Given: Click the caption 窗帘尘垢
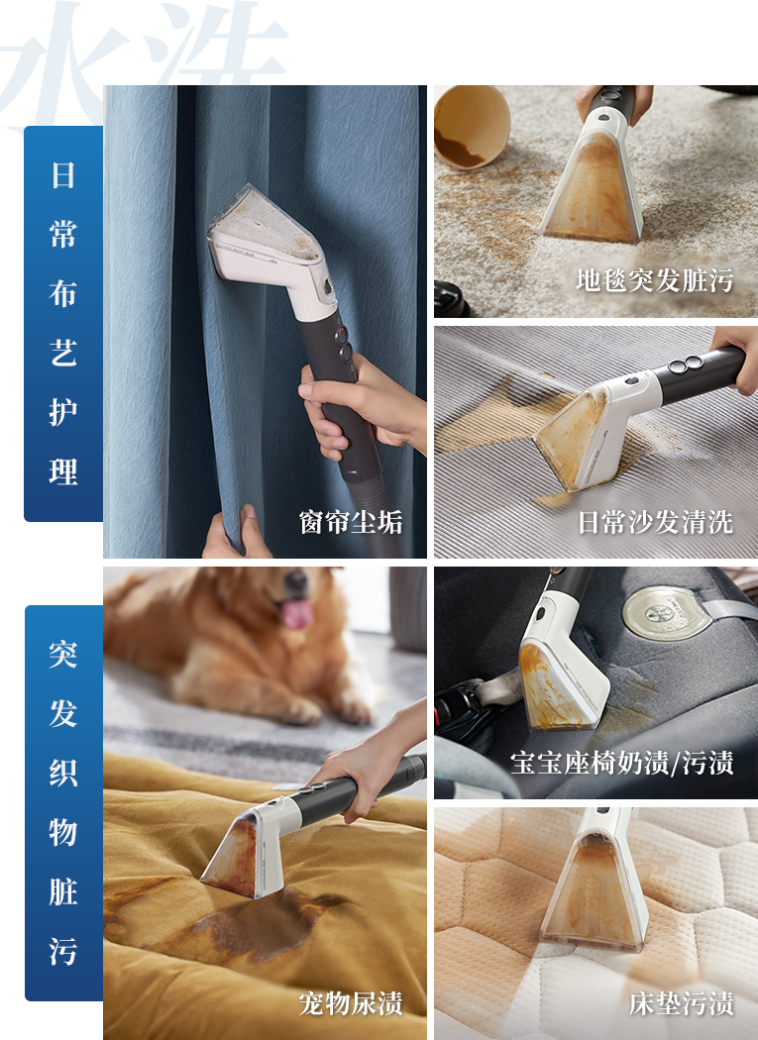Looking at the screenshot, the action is pyautogui.click(x=351, y=522).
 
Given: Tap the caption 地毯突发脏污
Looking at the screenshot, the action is pyautogui.click(x=654, y=280).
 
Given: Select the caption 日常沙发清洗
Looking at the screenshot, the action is pyautogui.click(x=655, y=522).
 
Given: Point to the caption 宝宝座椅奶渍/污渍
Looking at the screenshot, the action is pyautogui.click(x=622, y=763).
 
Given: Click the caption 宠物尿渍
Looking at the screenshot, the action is pyautogui.click(x=351, y=1002).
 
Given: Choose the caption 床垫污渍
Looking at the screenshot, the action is pyautogui.click(x=681, y=1002).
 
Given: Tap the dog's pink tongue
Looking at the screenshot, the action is pyautogui.click(x=297, y=613).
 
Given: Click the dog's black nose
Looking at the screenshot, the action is pyautogui.click(x=294, y=581).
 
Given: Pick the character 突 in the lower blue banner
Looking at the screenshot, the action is pyautogui.click(x=63, y=654).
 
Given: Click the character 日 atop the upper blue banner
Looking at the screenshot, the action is pyautogui.click(x=63, y=175).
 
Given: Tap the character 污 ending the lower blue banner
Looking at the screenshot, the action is pyautogui.click(x=63, y=951).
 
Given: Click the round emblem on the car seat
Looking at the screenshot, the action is pyautogui.click(x=659, y=613).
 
